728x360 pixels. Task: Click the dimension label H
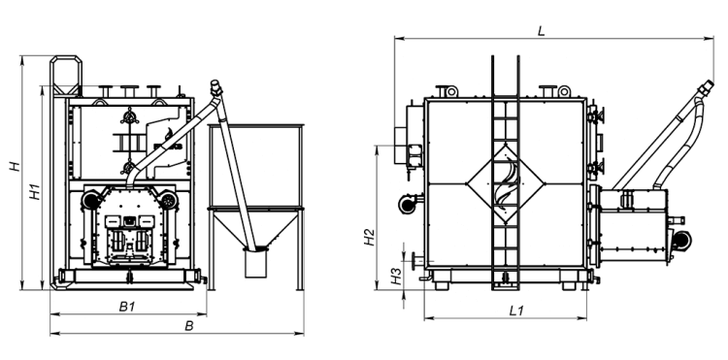coord(16,166)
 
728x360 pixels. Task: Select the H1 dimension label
coord(35,191)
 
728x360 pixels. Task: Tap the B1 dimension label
coord(127,307)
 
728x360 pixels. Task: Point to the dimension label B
coord(189,326)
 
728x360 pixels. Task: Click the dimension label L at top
coord(541,31)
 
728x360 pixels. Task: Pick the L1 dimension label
coord(516,311)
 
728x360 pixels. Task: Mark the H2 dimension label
coord(369,237)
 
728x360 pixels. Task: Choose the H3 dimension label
coord(396,276)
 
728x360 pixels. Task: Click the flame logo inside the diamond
coord(505,184)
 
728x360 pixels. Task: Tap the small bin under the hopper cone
coord(256,263)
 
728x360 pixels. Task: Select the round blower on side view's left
coord(408,203)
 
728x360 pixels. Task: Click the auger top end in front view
coord(215,84)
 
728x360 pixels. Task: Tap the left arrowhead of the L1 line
coord(428,318)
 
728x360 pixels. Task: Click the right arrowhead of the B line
coord(300,334)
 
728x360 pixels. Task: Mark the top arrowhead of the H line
coord(21,60)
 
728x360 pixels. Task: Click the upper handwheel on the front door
coord(129,116)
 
